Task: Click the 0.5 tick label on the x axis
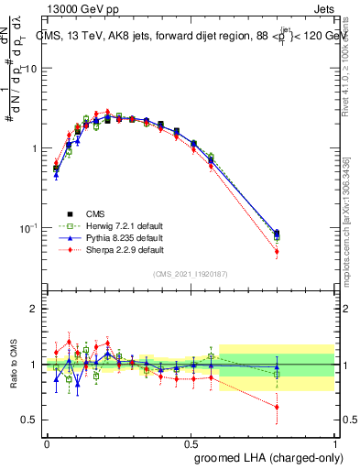[191, 441]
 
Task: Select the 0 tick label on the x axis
[47, 441]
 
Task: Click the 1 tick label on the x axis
[336, 441]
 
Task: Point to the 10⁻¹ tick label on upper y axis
[28, 227]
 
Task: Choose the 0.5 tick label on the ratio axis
[30, 420]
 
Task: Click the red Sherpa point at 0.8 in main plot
[302, 251]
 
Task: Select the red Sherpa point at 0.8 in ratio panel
[302, 408]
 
